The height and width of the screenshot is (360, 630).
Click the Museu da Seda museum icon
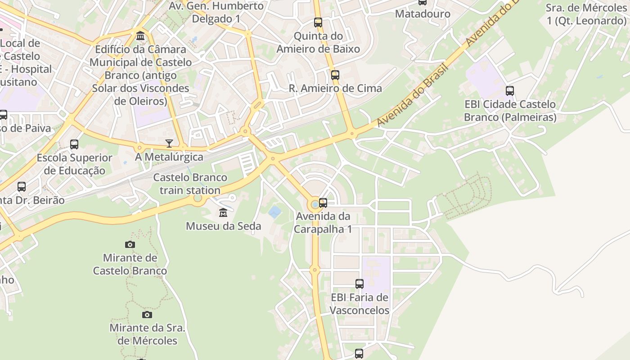coord(223,212)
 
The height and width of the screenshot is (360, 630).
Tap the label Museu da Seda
coord(223,226)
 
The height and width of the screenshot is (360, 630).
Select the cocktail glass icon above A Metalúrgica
coord(169,144)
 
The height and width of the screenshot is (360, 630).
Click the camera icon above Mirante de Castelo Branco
coord(130,244)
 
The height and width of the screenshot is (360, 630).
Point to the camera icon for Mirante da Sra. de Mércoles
coord(147,315)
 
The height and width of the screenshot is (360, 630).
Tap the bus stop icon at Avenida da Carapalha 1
coord(323,203)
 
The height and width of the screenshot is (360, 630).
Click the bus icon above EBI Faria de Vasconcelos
coord(359,284)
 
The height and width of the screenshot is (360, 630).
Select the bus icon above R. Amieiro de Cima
coord(335,75)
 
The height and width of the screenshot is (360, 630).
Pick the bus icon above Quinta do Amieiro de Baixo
coord(318,22)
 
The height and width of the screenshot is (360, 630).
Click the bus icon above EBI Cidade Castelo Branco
coord(509,91)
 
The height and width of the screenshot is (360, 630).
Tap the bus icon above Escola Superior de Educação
coord(74,144)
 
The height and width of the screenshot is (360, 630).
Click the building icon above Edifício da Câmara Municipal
coord(140,36)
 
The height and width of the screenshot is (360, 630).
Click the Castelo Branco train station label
coord(190,184)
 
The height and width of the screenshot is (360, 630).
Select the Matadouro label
coord(423,14)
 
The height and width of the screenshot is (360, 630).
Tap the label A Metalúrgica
coord(169,157)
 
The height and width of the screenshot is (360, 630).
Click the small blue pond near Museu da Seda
coord(274,211)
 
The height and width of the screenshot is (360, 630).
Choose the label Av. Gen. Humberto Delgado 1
coord(216,12)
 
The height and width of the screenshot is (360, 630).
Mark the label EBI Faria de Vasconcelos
coord(360,304)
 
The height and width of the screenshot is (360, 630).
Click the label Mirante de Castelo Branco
coord(130,264)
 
